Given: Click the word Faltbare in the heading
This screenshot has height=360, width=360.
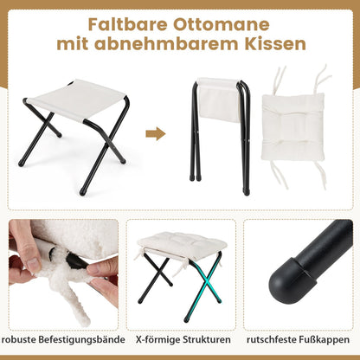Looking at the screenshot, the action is (x=127, y=24).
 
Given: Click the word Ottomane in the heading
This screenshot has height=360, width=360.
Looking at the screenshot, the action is (x=222, y=24).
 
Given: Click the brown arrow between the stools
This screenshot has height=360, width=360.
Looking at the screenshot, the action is (x=156, y=134).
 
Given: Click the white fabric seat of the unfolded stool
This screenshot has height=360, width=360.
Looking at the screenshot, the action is (x=77, y=100).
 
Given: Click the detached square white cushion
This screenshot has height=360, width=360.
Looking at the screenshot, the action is (x=292, y=127).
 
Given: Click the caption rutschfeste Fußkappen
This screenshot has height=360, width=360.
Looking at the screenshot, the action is (x=298, y=339).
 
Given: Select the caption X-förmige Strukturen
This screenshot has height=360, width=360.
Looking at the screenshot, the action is (x=183, y=339).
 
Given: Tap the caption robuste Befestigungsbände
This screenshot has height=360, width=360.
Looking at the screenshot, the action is (x=62, y=339).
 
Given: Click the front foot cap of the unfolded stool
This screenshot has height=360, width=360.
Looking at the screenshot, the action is (x=83, y=191).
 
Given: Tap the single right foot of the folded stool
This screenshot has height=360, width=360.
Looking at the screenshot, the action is (x=247, y=191).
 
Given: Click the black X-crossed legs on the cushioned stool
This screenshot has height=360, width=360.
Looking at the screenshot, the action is (x=157, y=279).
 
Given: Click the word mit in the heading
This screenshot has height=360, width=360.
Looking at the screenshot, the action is (x=73, y=44).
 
